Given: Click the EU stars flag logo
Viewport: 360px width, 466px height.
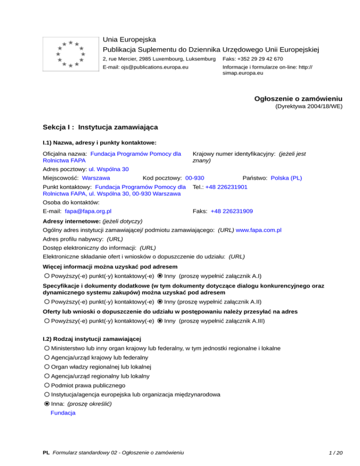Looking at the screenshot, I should (x=70, y=54).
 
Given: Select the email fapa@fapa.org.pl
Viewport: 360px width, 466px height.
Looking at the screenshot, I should (x=88, y=211).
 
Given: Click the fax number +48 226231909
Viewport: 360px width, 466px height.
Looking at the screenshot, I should (x=232, y=211).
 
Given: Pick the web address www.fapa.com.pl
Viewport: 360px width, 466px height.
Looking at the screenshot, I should (x=258, y=230).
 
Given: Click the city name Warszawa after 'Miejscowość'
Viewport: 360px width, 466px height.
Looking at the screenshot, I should (x=96, y=178).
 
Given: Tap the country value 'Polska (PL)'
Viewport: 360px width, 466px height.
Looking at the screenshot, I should (x=286, y=178).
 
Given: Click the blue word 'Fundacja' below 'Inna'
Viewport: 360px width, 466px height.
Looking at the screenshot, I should (x=62, y=413).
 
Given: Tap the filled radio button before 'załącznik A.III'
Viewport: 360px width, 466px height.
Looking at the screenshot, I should (x=160, y=321).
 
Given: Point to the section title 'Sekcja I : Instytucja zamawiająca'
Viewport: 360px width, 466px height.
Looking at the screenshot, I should (x=100, y=127).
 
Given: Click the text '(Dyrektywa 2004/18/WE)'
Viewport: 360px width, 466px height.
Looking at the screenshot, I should (x=308, y=107).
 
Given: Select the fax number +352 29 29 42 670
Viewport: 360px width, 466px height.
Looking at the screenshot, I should (x=253, y=59).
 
